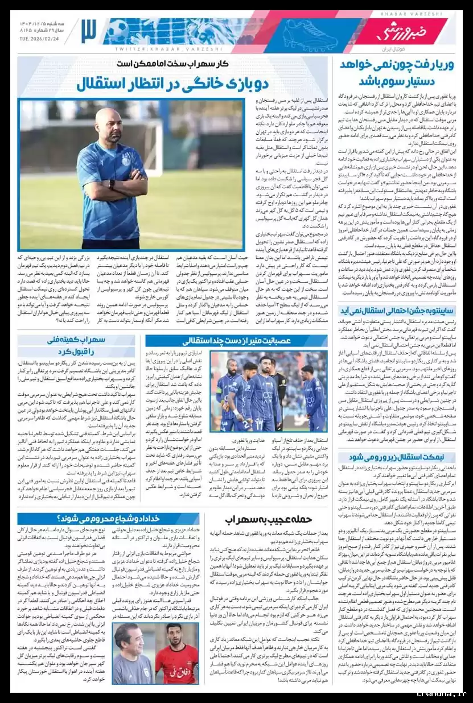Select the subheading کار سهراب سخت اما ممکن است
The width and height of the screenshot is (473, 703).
tap(172, 64)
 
